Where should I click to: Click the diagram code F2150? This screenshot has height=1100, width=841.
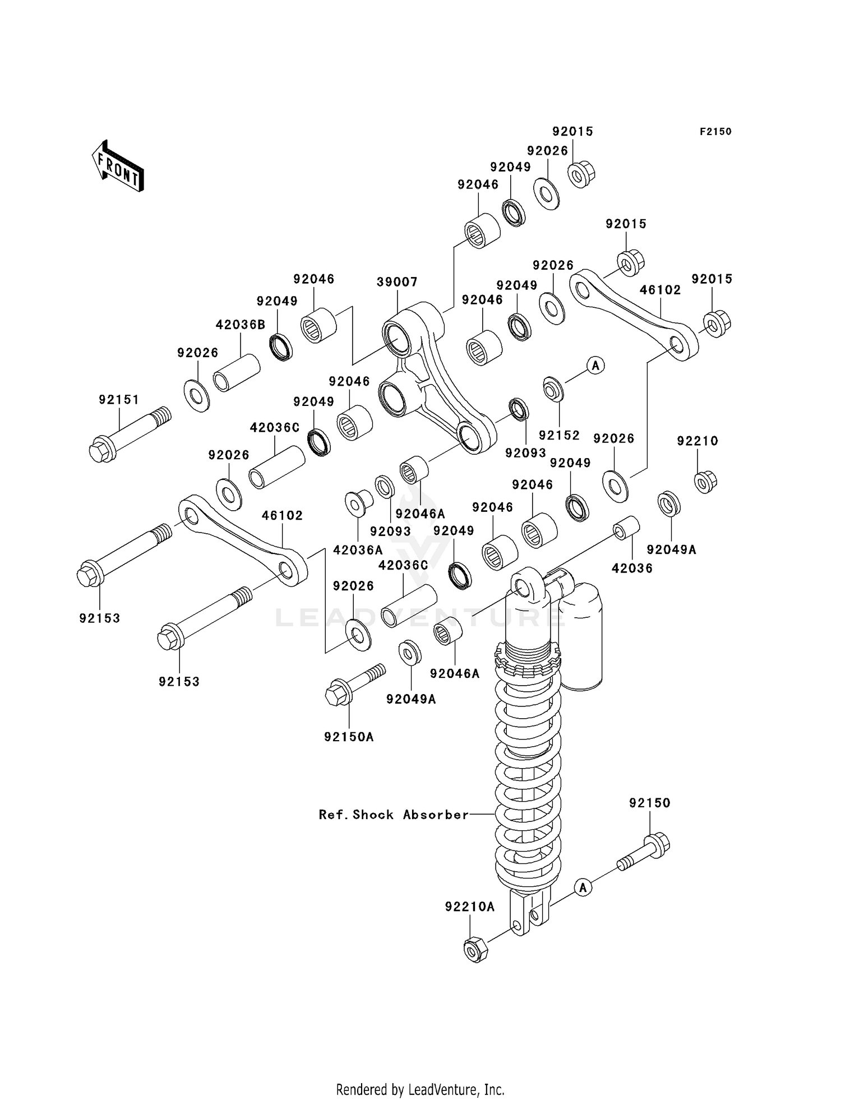click(x=715, y=132)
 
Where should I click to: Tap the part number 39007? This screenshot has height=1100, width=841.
click(x=396, y=282)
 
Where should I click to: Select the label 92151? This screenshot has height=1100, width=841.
click(x=119, y=400)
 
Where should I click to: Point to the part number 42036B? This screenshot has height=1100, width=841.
click(x=241, y=325)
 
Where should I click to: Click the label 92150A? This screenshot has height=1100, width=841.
click(x=349, y=737)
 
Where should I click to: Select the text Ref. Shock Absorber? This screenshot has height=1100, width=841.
click(x=394, y=815)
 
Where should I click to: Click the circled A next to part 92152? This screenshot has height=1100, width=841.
click(x=595, y=366)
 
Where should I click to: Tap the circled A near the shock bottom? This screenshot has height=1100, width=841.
click(x=583, y=888)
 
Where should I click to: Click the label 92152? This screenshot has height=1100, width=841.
click(x=559, y=436)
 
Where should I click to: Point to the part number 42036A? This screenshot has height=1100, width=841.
click(x=358, y=550)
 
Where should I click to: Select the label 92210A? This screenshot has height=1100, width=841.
click(x=470, y=907)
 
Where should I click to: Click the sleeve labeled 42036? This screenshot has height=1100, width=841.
click(x=626, y=528)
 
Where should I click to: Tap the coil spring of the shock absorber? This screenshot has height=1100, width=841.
click(x=528, y=785)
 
